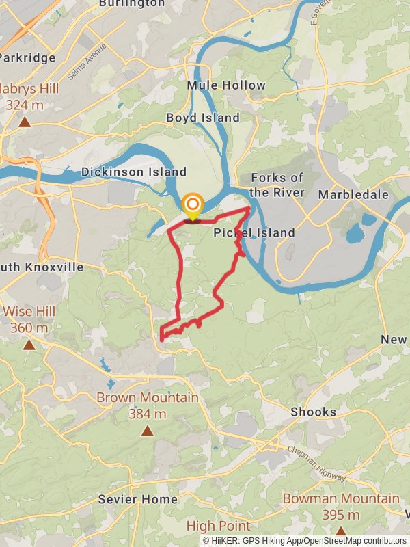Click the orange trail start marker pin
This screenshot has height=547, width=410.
(x=193, y=205)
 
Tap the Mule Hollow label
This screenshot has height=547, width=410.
(x=226, y=85)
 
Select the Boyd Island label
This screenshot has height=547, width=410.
(x=203, y=118)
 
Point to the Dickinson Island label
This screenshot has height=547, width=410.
(x=134, y=172)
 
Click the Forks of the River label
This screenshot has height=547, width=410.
(x=277, y=185)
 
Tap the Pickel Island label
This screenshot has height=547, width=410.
(x=254, y=232)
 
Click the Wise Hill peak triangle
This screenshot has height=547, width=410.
(x=29, y=345)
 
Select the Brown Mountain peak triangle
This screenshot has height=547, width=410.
(x=147, y=431)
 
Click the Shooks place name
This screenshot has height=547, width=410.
(x=314, y=412)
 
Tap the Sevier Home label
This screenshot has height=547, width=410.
(x=137, y=499)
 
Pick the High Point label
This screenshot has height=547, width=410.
(x=218, y=526)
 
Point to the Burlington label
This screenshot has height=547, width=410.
(x=132, y=3)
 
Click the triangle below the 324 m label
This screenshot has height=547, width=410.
(x=25, y=122)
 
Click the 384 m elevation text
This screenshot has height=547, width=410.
(x=147, y=414)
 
